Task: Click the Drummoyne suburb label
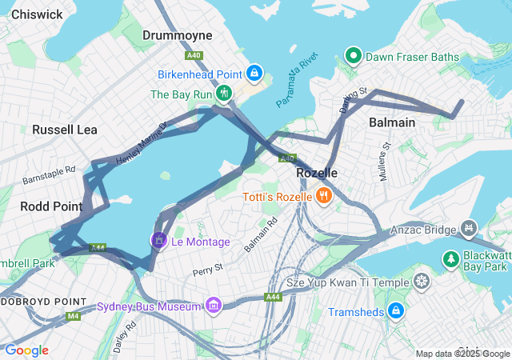pyautogui.click(x=177, y=35)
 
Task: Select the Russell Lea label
pyautogui.click(x=63, y=130)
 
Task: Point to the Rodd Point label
pyautogui.click(x=51, y=206)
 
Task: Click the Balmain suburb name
pyautogui.click(x=392, y=122)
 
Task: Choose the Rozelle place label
pyautogui.click(x=317, y=173)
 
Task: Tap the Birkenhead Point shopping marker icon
pyautogui.click(x=254, y=74)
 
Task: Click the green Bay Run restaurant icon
pyautogui.click(x=225, y=94)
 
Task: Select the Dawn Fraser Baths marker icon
pyautogui.click(x=353, y=57)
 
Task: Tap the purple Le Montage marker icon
pyautogui.click(x=158, y=240)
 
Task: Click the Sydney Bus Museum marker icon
pyautogui.click(x=213, y=306)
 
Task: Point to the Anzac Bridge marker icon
pyautogui.click(x=467, y=230)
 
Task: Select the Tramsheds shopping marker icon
pyautogui.click(x=395, y=310)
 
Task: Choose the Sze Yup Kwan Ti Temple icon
pyautogui.click(x=421, y=282)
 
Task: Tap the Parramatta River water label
pyautogui.click(x=297, y=82)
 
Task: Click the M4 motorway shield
pyautogui.click(x=74, y=316)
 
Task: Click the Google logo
pyautogui.click(x=26, y=350)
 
